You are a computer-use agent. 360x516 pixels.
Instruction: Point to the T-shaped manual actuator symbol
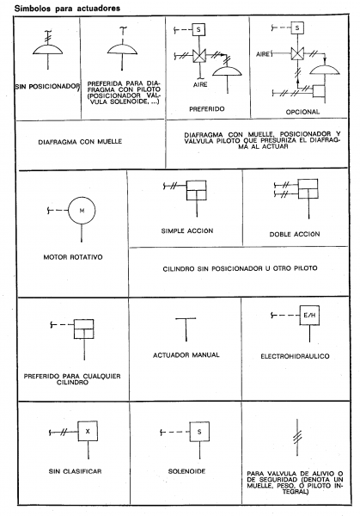[x=186, y=329]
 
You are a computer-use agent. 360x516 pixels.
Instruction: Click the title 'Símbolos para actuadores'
[x=67, y=9]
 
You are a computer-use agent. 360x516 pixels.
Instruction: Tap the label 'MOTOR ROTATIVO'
[x=73, y=257]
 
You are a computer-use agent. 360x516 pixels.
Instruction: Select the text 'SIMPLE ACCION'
[x=187, y=231]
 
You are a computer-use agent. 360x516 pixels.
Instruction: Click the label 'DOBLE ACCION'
[x=295, y=234]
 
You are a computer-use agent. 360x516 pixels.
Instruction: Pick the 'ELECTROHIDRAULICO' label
[x=295, y=356]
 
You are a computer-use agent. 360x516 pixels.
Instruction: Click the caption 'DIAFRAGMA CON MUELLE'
[x=80, y=142]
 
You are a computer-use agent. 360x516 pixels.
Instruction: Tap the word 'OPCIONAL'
[x=302, y=112]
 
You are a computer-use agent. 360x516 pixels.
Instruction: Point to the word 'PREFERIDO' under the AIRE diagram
[x=207, y=109]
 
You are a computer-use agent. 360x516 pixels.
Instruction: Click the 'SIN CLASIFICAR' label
[x=76, y=471]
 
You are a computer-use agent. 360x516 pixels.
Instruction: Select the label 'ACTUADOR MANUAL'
[x=186, y=355]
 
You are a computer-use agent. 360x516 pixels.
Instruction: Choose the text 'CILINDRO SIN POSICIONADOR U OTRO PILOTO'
[x=241, y=269]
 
